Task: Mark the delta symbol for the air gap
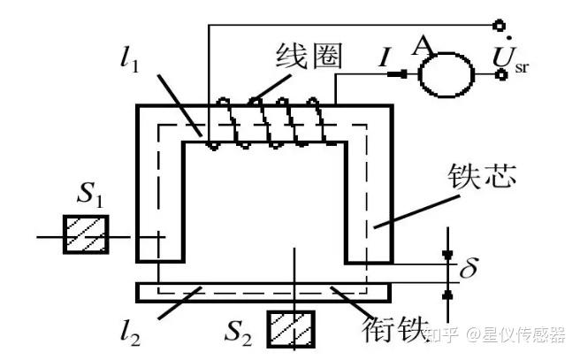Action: (468, 265)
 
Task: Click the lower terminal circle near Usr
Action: (500, 75)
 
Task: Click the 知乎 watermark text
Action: (441, 334)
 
